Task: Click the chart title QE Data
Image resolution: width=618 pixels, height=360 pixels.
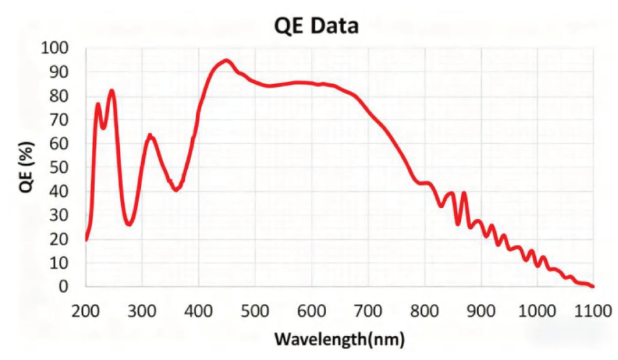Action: pos(316,26)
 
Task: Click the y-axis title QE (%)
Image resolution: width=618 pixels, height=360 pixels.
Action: pos(27,167)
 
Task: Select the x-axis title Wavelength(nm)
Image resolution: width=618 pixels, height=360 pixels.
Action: pos(340,338)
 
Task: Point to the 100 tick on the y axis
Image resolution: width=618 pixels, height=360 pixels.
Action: pos(55,48)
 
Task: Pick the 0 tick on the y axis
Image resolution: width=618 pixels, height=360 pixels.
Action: pos(64,287)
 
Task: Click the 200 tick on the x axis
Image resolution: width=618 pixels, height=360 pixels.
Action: pos(85,311)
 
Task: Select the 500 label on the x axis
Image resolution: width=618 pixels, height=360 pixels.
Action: pos(255,311)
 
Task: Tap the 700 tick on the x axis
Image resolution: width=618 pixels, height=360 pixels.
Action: pos(368,311)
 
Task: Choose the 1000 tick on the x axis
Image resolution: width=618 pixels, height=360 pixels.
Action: pos(537,311)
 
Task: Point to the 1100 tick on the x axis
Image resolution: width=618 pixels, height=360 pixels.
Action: pos(593,311)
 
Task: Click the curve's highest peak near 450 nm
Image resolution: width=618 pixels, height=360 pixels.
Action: pos(226,61)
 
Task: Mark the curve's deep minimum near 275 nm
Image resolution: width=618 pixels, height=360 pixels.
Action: pos(129,224)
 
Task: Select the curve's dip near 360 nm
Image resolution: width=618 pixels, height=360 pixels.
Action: pos(176,189)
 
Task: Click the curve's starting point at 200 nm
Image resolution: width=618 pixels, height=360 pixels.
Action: pos(86,239)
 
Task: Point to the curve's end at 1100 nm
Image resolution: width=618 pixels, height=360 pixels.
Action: pos(593,286)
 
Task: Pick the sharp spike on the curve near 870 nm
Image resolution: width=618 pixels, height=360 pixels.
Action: pos(463,194)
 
